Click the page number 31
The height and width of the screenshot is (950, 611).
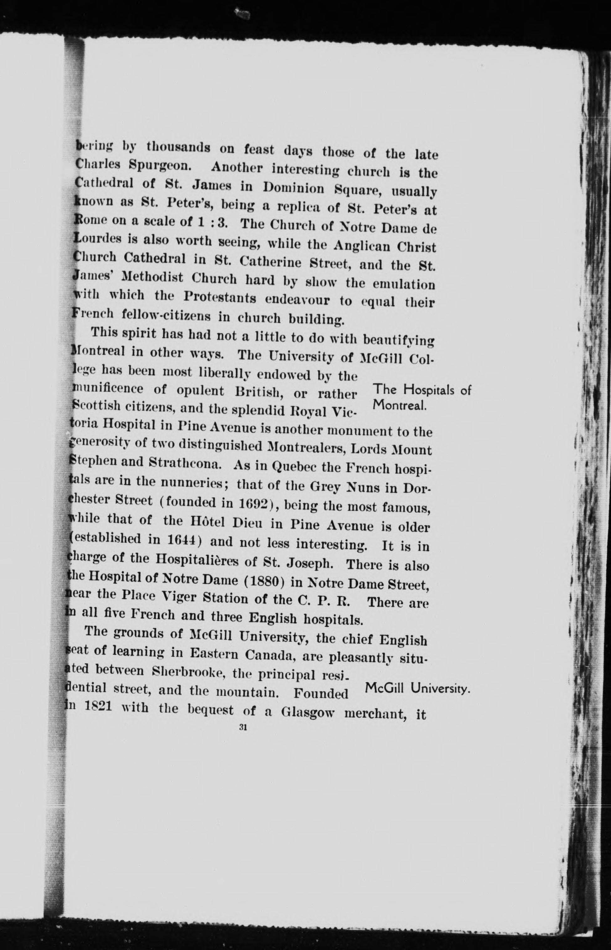tap(243, 727)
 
